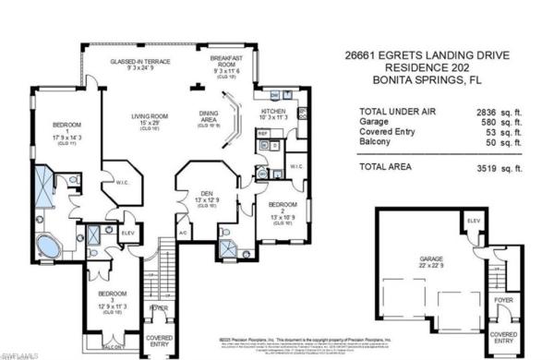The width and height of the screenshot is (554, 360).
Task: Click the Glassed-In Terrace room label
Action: point(138,63)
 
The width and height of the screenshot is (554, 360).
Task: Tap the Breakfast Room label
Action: point(226,63)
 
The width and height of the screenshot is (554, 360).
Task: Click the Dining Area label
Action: point(210,117)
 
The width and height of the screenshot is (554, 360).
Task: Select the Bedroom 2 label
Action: point(282,210)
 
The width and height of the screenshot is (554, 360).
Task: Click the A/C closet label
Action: point(182,233)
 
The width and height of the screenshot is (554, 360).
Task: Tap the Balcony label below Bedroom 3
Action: point(113,347)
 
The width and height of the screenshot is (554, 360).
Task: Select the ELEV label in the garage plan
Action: point(473,222)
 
